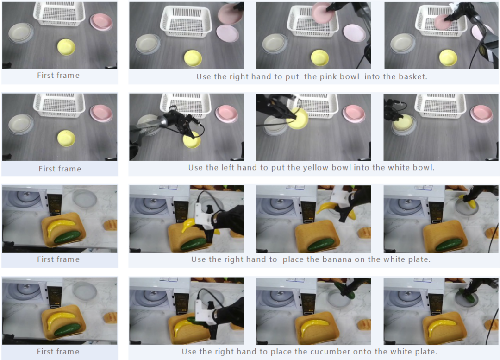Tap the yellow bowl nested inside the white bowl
[403, 121]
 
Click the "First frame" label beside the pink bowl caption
[58, 76]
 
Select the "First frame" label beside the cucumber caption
[58, 351]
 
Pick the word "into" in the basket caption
[372, 76]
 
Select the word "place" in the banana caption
[293, 259]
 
